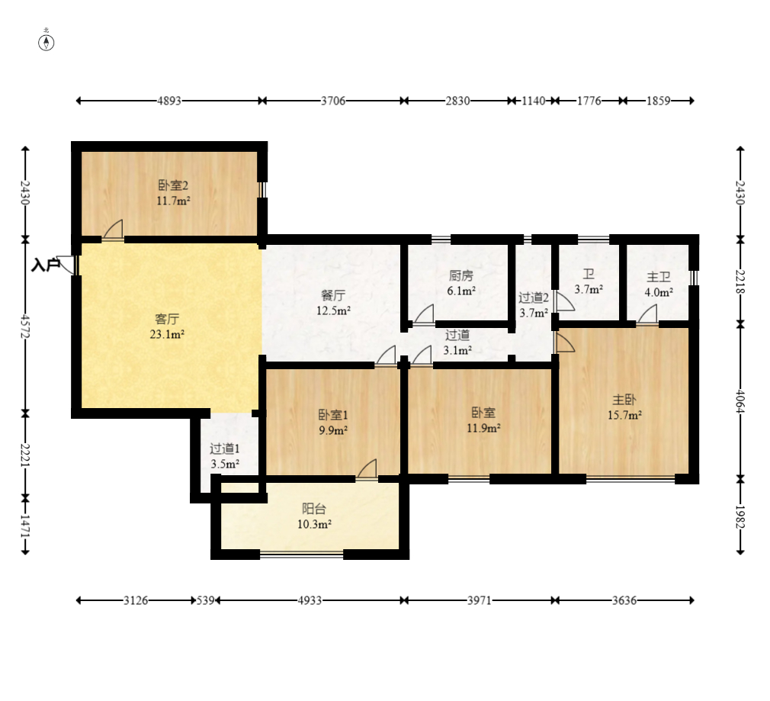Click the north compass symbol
pyautogui.click(x=47, y=43)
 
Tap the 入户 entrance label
pyautogui.click(x=46, y=265)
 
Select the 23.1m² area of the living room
pyautogui.click(x=167, y=335)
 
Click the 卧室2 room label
pyautogui.click(x=173, y=185)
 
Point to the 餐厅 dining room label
pyautogui.click(x=333, y=295)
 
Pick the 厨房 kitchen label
pyautogui.click(x=460, y=275)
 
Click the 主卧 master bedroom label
pyautogui.click(x=624, y=400)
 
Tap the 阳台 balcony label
pyautogui.click(x=314, y=509)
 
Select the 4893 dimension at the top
pyautogui.click(x=169, y=101)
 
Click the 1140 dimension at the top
pyautogui.click(x=534, y=101)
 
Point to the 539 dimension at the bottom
pyautogui.click(x=206, y=600)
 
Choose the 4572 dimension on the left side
pyautogui.click(x=25, y=326)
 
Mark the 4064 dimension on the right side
pyautogui.click(x=740, y=402)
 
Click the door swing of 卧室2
pyautogui.click(x=114, y=230)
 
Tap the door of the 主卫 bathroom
pyautogui.click(x=647, y=314)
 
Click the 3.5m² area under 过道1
pyautogui.click(x=225, y=464)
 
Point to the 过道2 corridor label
pyautogui.click(x=534, y=297)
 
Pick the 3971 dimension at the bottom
pyautogui.click(x=479, y=600)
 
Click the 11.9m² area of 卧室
pyautogui.click(x=483, y=428)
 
